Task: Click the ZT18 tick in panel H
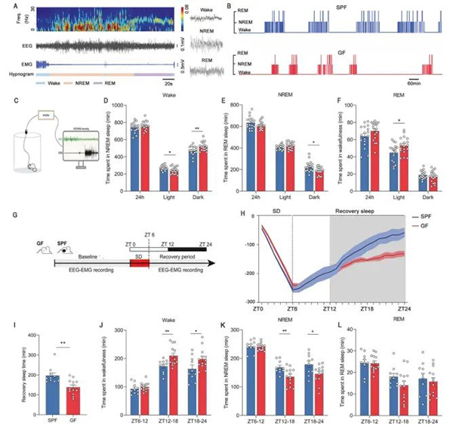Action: (368, 308)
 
